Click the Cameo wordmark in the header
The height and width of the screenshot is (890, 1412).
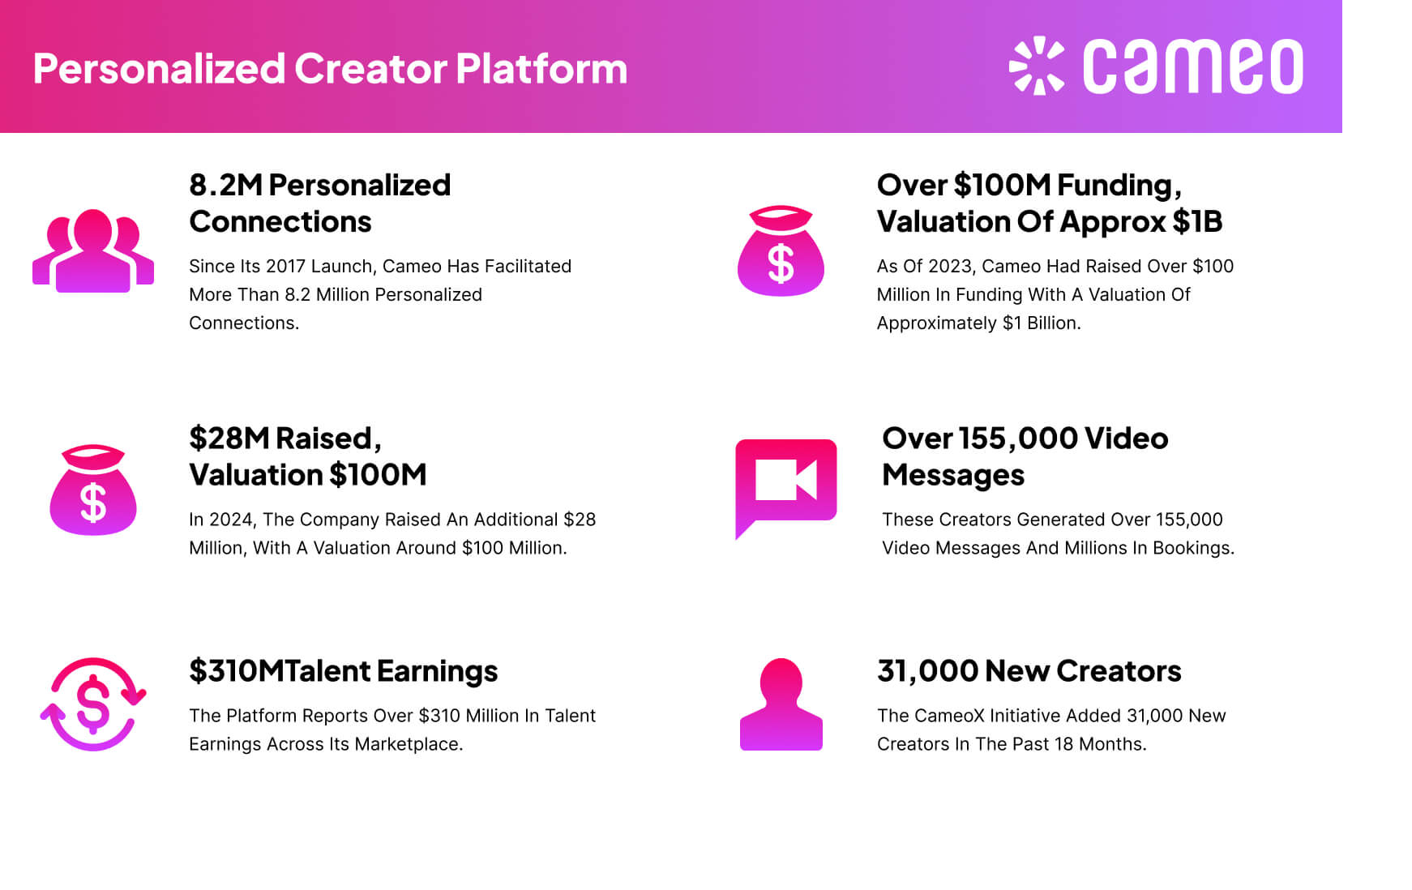tap(1192, 66)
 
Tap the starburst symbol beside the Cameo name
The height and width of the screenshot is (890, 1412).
tap(1036, 66)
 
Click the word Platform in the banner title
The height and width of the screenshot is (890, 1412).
tap(541, 68)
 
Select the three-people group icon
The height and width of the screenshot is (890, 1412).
tap(93, 250)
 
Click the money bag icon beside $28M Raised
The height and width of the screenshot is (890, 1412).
tap(93, 490)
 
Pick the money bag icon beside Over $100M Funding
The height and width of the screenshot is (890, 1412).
tap(781, 250)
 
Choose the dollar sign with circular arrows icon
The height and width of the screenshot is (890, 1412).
tap(93, 704)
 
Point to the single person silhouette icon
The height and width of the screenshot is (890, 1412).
tap(781, 704)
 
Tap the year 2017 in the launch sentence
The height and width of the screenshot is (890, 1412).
tap(285, 267)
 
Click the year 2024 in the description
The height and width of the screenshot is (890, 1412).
tap(231, 520)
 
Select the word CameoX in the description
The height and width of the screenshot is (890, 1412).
tap(943, 716)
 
